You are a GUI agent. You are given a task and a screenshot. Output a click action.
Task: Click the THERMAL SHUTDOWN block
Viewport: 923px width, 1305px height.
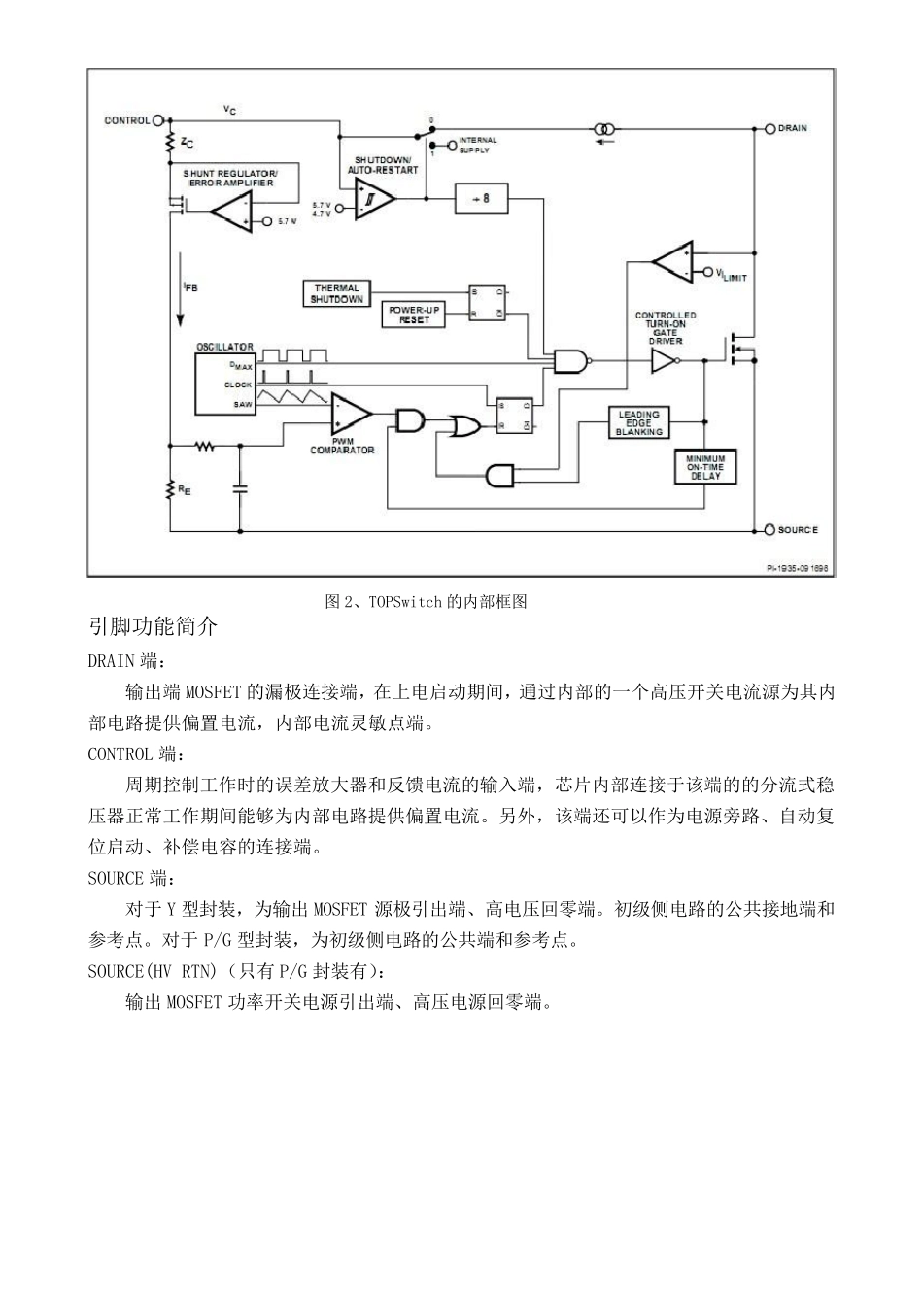point(337,294)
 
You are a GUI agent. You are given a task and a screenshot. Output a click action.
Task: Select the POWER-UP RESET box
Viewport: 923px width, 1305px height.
point(414,315)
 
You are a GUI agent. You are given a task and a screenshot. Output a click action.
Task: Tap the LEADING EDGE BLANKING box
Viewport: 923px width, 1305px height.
point(638,423)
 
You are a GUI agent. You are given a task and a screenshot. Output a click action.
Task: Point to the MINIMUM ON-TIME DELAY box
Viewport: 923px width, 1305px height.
point(705,467)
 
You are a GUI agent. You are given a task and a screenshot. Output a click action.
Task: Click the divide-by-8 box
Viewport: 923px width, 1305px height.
point(481,198)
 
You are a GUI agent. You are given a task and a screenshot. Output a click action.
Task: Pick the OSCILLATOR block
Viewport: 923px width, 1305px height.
point(225,385)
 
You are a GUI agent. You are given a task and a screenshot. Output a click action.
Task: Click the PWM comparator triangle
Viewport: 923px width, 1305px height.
point(350,415)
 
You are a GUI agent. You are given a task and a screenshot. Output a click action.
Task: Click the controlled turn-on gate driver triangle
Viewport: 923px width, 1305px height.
point(664,361)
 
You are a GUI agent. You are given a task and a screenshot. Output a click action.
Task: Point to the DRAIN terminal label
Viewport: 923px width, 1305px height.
point(792,128)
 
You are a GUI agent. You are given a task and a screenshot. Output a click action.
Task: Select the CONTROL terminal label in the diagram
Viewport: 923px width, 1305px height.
point(127,120)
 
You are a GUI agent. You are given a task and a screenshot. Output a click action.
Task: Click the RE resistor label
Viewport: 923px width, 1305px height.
point(185,491)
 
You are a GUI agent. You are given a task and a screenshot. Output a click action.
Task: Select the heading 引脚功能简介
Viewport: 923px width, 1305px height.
point(153,627)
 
